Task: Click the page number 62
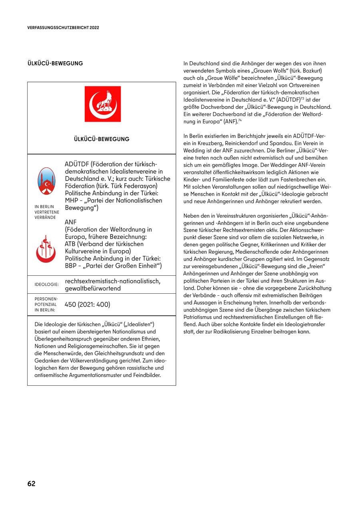[31, 483]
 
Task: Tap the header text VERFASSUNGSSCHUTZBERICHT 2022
[63, 28]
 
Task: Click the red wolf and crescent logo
[102, 104]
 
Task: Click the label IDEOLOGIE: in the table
[47, 285]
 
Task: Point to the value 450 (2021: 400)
[87, 305]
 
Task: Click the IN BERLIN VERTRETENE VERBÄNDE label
[47, 212]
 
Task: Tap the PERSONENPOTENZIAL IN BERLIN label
[46, 305]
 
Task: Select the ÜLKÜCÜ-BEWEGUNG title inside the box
[102, 139]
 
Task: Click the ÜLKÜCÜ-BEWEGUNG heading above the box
[55, 63]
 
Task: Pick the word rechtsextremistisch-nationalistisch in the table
[112, 281]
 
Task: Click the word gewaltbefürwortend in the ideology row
[92, 288]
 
